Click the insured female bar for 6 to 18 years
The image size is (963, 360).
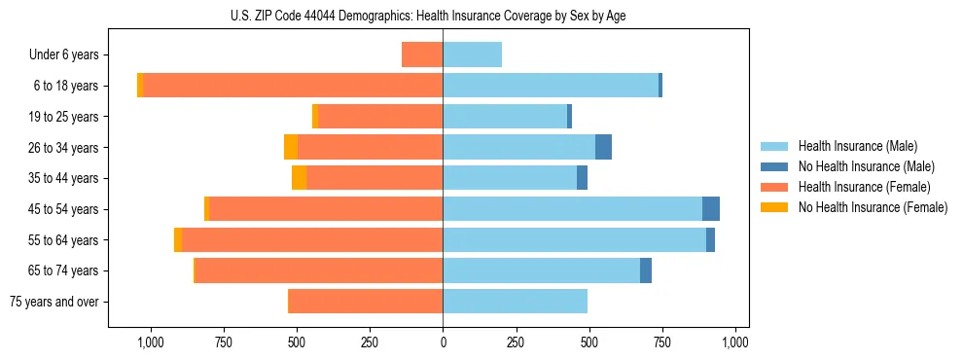292,86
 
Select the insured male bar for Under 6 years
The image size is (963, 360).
472,55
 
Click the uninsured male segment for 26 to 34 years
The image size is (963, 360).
603,148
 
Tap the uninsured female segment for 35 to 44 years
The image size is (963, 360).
299,178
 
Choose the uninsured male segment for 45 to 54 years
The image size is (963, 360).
711,209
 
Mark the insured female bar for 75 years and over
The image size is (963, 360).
366,302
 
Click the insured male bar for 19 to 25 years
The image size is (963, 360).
504,117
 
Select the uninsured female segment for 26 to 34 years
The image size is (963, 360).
291,148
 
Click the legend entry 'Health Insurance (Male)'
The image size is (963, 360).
857,146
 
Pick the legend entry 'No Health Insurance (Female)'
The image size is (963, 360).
873,207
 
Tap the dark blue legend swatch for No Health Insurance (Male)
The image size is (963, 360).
774,166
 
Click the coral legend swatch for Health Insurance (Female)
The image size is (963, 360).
774,187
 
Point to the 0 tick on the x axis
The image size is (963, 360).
443,342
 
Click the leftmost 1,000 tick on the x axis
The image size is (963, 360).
151,342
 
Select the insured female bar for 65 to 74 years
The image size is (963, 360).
319,270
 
